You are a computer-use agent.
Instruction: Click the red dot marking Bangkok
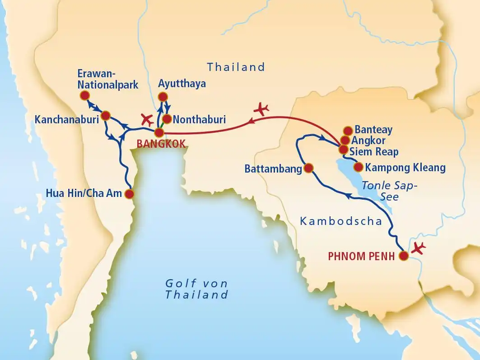159,132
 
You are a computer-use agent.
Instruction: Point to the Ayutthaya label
182,84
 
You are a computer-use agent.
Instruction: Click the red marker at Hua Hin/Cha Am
129,194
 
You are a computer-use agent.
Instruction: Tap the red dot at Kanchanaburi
106,116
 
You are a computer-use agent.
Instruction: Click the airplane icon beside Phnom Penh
419,248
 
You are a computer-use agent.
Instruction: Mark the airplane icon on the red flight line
261,108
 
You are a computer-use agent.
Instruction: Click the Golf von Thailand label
196,289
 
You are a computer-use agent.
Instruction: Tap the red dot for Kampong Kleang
358,167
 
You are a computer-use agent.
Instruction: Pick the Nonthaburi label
199,120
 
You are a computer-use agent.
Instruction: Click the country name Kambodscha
341,221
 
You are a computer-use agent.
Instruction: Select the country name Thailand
236,67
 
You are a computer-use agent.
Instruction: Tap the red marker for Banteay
348,131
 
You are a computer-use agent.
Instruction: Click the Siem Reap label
374,151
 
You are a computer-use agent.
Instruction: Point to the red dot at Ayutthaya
163,97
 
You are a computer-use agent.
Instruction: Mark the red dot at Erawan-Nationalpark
84,95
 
